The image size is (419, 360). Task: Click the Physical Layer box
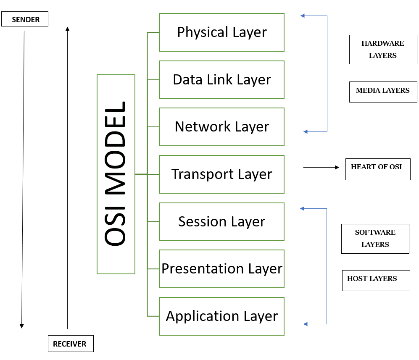click(x=221, y=32)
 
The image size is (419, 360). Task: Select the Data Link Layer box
click(x=221, y=80)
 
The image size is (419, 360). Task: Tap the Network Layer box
click(x=221, y=127)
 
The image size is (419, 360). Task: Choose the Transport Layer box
click(x=221, y=174)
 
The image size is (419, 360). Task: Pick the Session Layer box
click(x=221, y=222)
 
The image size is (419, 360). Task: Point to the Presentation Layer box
click(x=221, y=269)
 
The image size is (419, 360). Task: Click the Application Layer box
click(x=221, y=316)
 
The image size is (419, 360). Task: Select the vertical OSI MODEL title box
click(x=116, y=174)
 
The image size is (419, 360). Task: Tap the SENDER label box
click(x=25, y=19)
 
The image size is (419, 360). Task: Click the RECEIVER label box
click(x=70, y=344)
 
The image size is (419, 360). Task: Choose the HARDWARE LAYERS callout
click(x=383, y=50)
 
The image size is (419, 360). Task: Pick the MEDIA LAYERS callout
click(x=383, y=92)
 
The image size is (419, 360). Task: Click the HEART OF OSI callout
click(x=377, y=169)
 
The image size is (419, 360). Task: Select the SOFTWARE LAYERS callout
click(x=375, y=239)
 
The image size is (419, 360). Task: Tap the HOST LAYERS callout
click(x=375, y=280)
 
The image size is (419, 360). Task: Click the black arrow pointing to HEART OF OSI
click(x=321, y=167)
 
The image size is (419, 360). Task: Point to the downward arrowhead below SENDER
click(x=22, y=326)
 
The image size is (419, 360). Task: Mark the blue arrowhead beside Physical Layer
click(x=303, y=16)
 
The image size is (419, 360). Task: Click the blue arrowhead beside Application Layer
click(x=306, y=324)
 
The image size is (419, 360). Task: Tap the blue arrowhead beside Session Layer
click(x=302, y=208)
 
